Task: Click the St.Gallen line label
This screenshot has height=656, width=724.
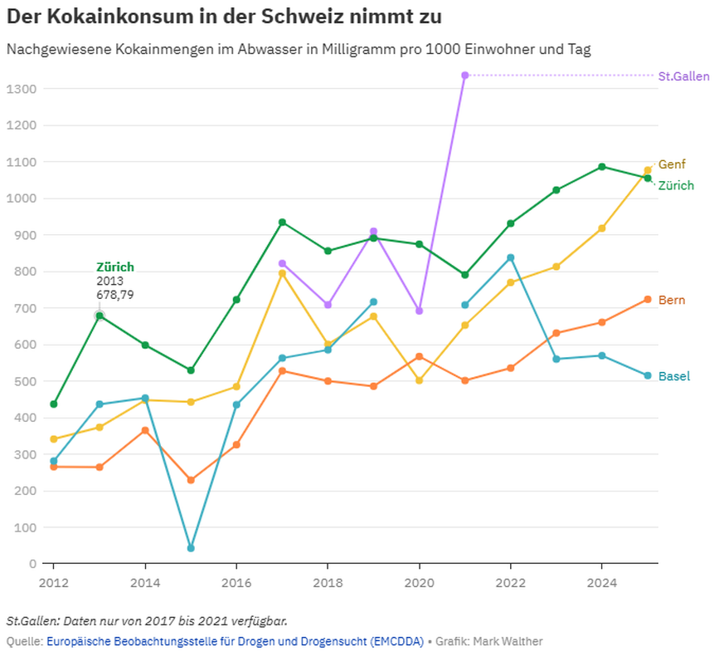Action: [683, 76]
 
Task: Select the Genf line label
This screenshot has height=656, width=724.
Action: [672, 164]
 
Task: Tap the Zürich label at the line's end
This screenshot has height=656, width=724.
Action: [676, 186]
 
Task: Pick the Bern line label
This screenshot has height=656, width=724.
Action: [672, 300]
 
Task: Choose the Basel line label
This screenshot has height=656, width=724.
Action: [673, 376]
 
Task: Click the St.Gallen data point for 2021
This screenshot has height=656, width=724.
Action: [465, 76]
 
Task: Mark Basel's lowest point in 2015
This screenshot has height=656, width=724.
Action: [191, 548]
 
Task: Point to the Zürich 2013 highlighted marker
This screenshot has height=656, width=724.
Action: [100, 316]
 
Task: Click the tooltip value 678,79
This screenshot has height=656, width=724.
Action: [115, 295]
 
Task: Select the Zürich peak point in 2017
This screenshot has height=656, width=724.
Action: [282, 223]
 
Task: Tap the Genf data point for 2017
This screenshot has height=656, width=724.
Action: [282, 273]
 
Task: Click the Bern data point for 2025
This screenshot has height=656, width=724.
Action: [648, 299]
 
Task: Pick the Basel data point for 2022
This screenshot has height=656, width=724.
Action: [511, 257]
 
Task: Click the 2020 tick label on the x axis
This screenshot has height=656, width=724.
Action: [419, 583]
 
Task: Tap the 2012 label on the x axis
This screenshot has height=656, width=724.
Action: [53, 583]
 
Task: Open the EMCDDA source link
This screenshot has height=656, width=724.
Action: [234, 641]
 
